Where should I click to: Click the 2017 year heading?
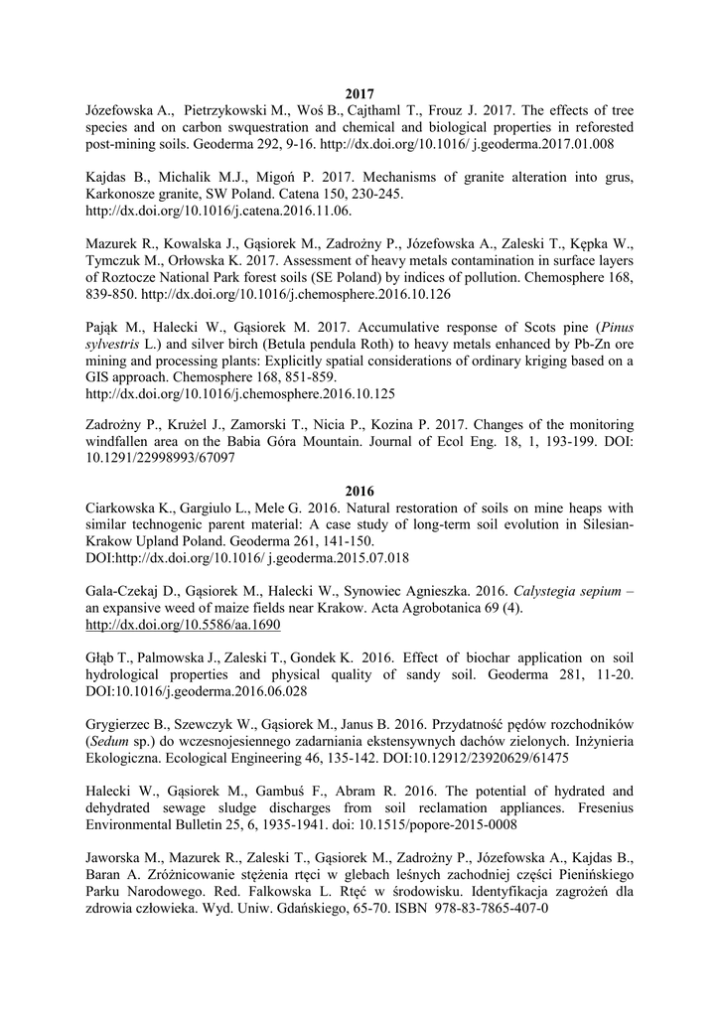pyautogui.click(x=360, y=93)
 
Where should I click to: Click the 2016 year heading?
pyautogui.click(x=360, y=491)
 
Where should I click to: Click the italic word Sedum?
pyautogui.click(x=113, y=743)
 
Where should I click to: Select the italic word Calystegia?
pyautogui.click(x=526, y=591)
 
